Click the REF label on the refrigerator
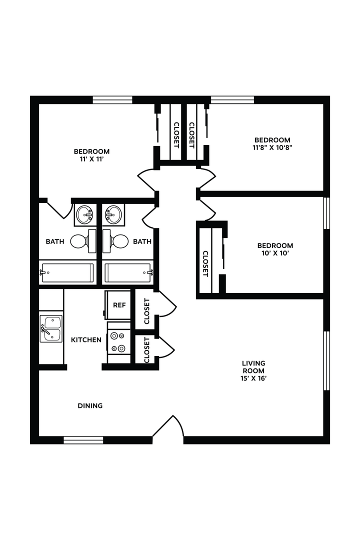coord(119,304)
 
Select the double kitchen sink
coord(51,328)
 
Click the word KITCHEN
coord(86,340)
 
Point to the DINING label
coord(90,406)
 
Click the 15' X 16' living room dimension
coord(253,378)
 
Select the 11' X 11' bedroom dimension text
coord(91,159)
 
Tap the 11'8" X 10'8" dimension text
coord(272,148)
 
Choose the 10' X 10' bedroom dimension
coord(275,253)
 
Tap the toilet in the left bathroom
coord(82,241)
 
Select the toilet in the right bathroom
coord(116,241)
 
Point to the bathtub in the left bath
coord(67,273)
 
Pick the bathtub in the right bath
coord(128,273)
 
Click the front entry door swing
coord(169,427)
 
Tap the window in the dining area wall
coord(83,440)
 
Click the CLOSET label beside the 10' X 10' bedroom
coord(205,263)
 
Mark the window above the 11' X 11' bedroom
coord(112,100)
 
